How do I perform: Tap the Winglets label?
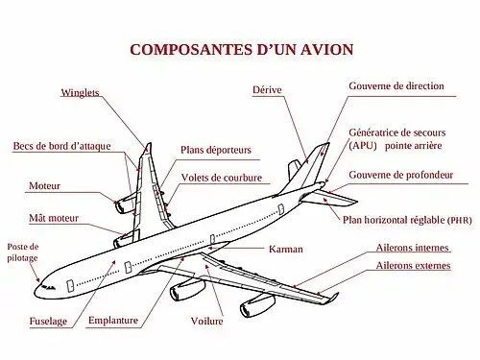[80, 93]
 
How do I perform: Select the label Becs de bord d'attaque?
[61, 146]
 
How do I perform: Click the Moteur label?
[44, 186]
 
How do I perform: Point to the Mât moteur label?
[54, 218]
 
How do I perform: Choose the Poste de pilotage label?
[23, 252]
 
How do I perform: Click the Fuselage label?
[48, 321]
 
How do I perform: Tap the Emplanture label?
[113, 321]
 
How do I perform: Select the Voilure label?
[206, 321]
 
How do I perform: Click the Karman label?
[286, 250]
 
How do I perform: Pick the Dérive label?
[267, 89]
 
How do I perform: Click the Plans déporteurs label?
[216, 150]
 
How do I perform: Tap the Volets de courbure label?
[222, 178]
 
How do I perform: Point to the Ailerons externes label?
[413, 266]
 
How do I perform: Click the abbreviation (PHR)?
[460, 221]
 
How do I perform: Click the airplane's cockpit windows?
[48, 287]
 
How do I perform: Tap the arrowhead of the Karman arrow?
[210, 248]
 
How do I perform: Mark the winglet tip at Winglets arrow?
[149, 144]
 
